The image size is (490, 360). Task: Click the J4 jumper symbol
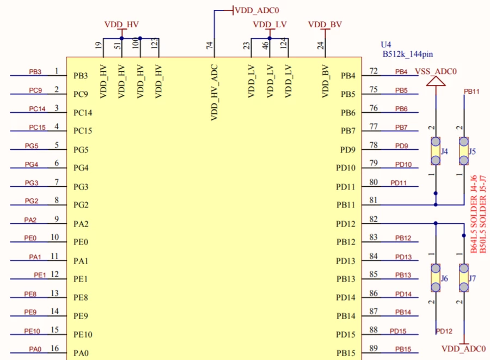[x=436, y=151]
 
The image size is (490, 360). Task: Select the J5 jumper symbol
[x=464, y=151]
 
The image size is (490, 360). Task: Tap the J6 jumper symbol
[x=436, y=278]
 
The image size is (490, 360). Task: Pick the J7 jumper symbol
[x=464, y=278]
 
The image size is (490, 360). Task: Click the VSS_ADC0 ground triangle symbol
[x=436, y=81]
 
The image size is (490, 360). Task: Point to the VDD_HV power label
[x=121, y=25]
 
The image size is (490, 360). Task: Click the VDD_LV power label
[x=269, y=25]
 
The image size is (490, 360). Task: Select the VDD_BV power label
[x=325, y=25]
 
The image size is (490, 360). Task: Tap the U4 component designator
[x=386, y=45]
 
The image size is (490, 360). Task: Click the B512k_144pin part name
[x=408, y=54]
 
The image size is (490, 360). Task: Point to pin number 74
[x=210, y=45]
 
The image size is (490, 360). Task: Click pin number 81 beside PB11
[x=373, y=200]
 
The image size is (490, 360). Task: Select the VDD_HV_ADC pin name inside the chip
[x=214, y=93]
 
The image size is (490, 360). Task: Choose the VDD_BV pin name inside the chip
[x=325, y=81]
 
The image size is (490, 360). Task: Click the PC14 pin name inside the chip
[x=83, y=113]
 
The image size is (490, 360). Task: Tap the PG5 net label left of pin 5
[x=32, y=146]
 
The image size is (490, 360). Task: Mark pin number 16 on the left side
[x=54, y=348]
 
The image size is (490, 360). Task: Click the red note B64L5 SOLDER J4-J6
[x=474, y=214]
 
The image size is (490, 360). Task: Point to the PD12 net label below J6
[x=444, y=331]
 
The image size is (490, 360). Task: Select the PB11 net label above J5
[x=471, y=91]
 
